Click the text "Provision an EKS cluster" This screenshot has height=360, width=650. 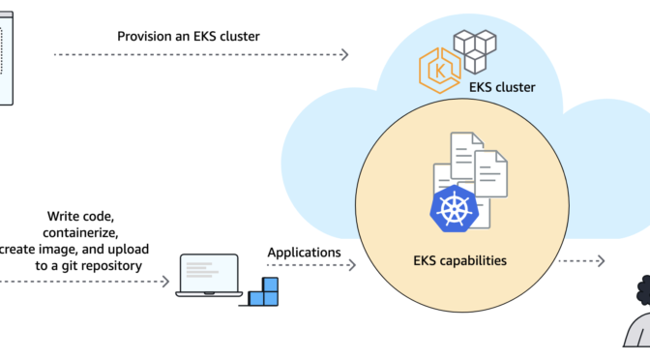[190, 36]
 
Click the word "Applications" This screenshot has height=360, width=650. [304, 253]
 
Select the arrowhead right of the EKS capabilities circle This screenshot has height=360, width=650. [601, 260]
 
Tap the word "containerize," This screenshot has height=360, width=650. [81, 233]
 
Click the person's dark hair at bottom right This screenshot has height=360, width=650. [640, 291]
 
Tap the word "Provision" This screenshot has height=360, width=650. [146, 36]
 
